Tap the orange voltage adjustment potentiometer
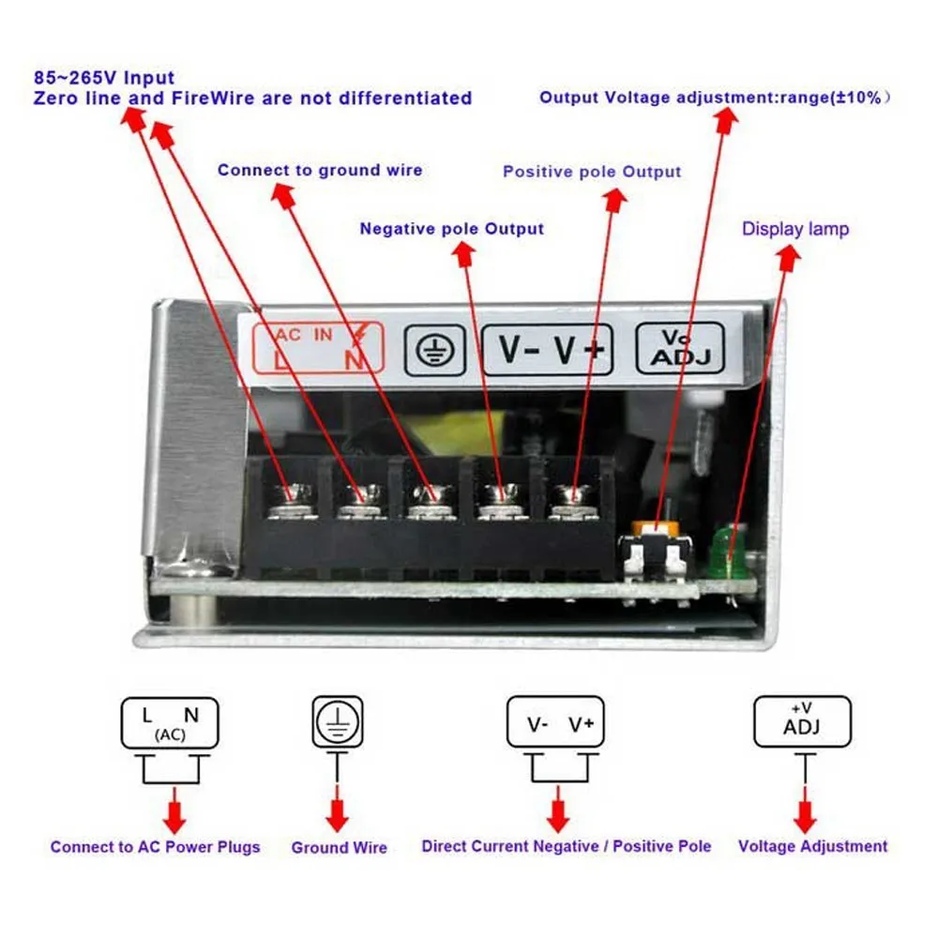click(656, 529)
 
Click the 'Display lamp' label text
click(795, 229)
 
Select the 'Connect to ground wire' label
click(320, 171)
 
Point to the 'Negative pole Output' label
click(452, 229)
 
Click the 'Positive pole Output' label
click(592, 172)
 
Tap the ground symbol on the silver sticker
click(435, 351)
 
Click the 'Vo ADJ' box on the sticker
click(679, 348)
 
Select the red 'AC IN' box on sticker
click(318, 348)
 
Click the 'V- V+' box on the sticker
click(547, 350)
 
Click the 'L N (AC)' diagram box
click(170, 723)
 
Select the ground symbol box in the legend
click(338, 721)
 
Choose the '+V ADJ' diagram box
click(802, 721)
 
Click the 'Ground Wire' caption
click(340, 848)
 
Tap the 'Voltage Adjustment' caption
click(812, 846)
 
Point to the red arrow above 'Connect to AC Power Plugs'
click(174, 810)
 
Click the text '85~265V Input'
click(104, 78)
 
